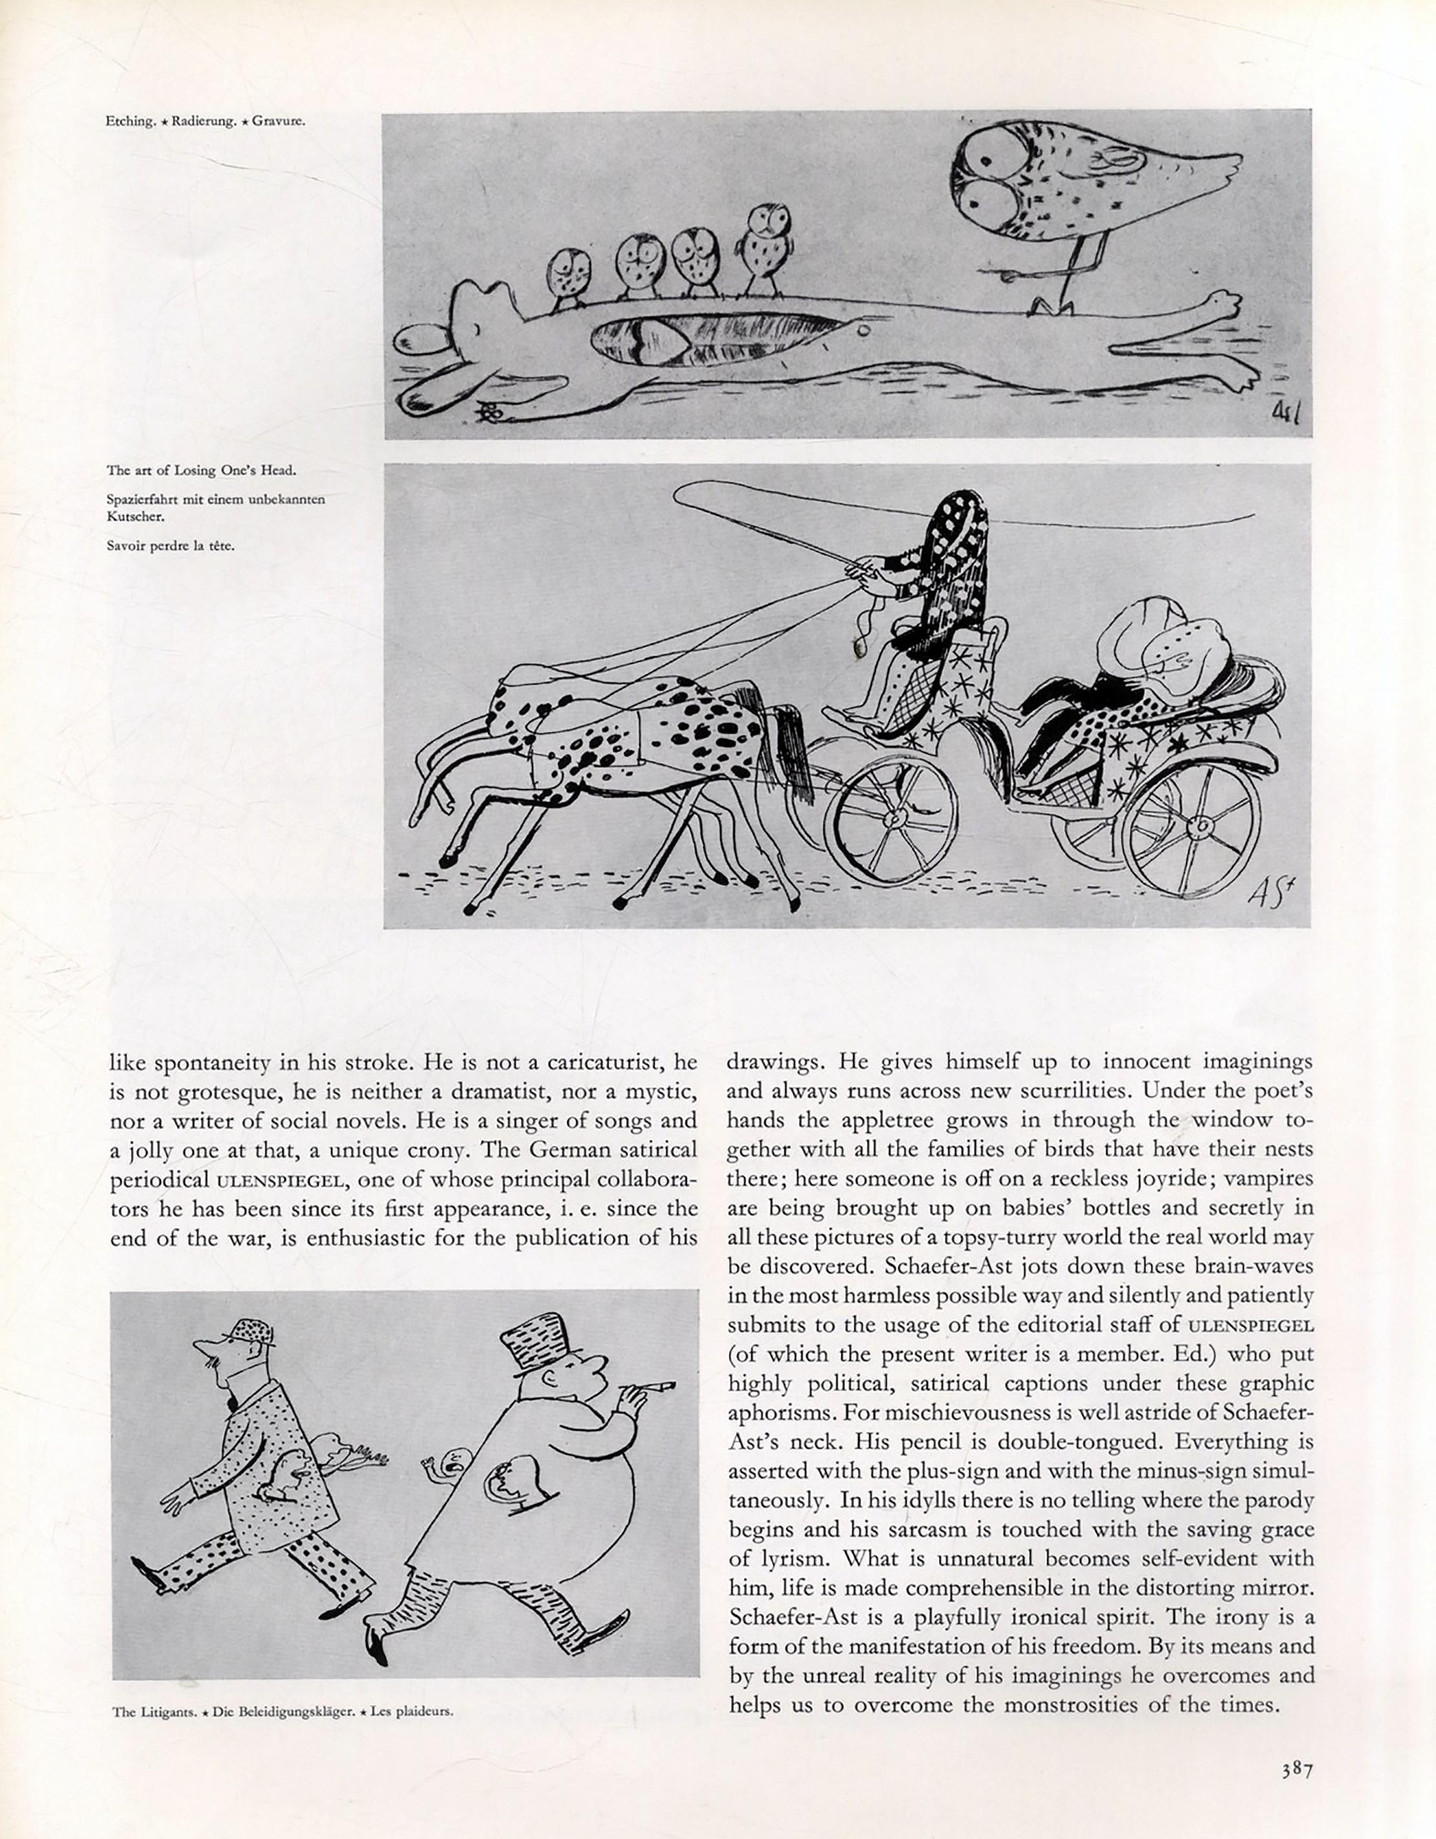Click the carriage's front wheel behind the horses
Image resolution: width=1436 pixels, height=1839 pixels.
coord(891,817)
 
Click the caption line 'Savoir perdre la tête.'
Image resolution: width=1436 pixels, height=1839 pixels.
coord(170,546)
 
